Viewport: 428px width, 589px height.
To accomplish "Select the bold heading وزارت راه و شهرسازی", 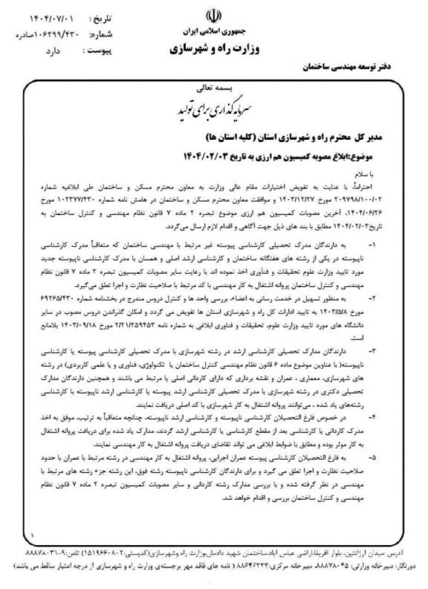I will (213, 50).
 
